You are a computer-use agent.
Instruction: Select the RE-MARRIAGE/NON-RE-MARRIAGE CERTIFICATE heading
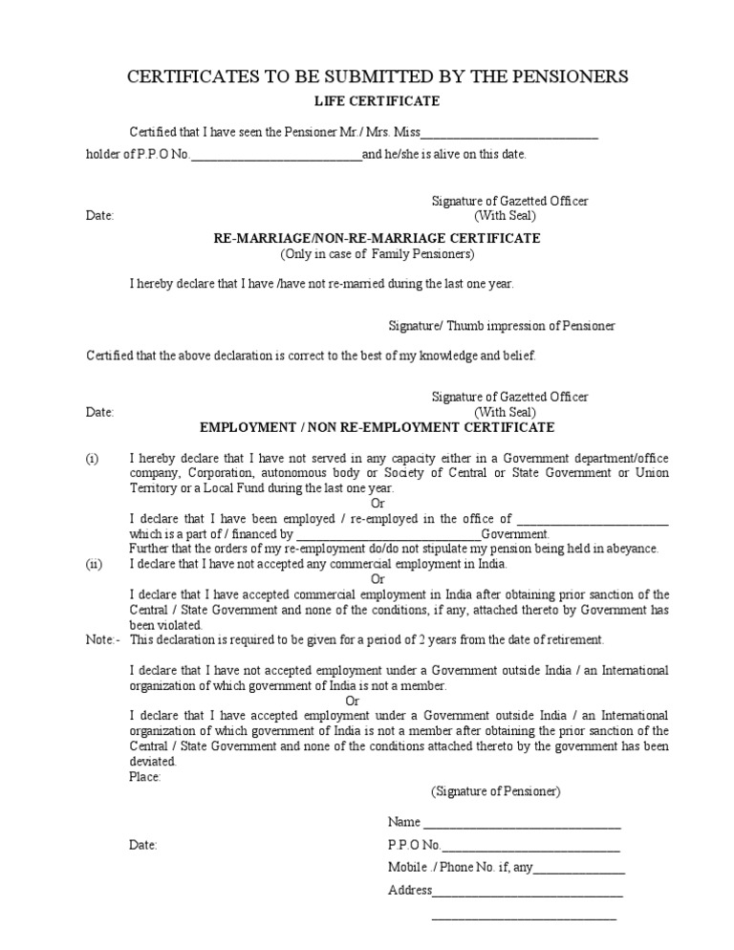pos(376,238)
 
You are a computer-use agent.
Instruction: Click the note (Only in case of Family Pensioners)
pos(377,254)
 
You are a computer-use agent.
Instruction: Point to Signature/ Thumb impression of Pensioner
pos(503,326)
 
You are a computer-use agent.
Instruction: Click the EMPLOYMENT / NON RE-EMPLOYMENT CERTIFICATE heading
pos(376,427)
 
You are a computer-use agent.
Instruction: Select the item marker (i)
pos(92,459)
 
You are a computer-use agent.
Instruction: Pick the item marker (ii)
pos(94,564)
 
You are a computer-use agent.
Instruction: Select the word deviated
pos(153,762)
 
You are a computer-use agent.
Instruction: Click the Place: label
pos(145,777)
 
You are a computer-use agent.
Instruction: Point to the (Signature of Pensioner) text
pos(495,791)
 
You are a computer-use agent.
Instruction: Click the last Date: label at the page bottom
pos(143,846)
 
